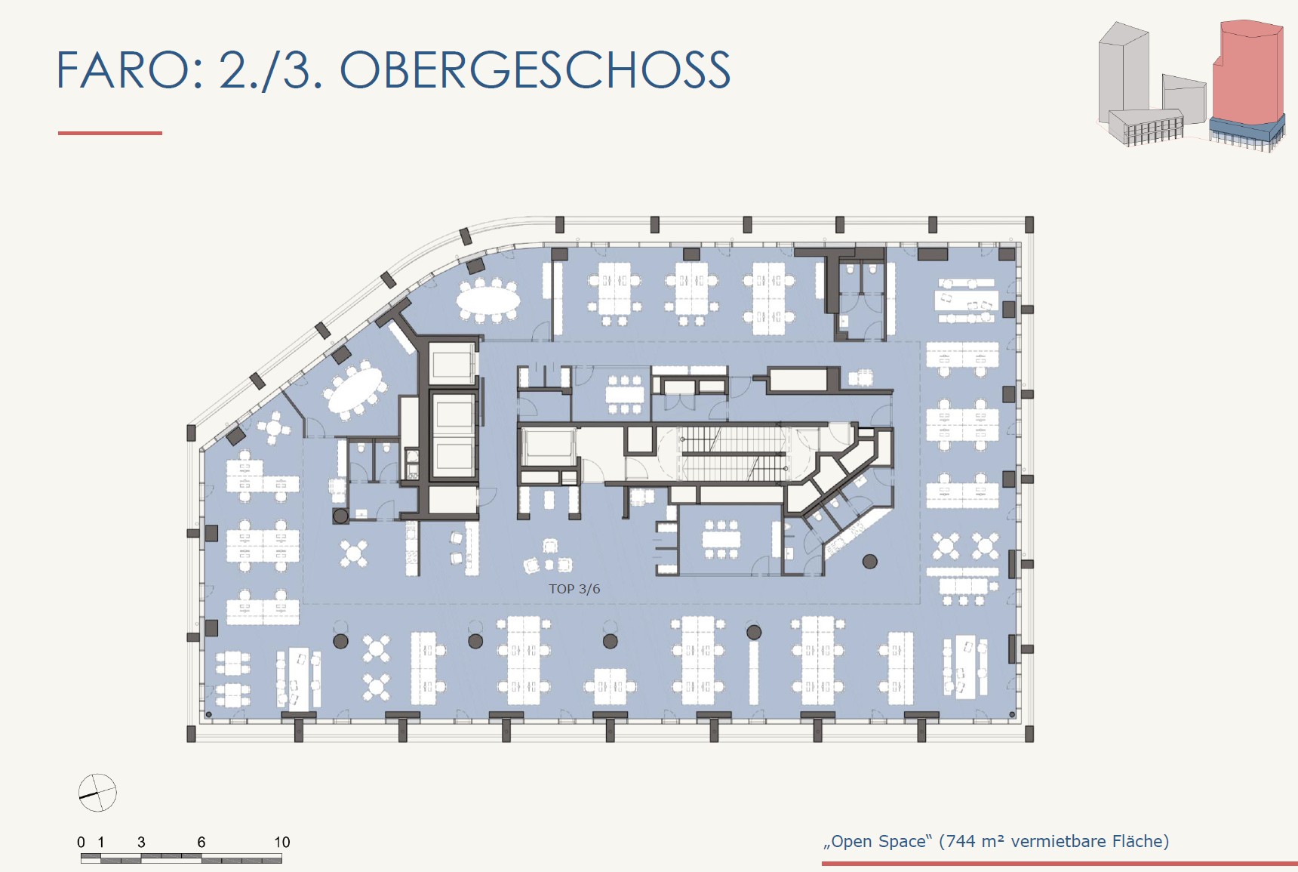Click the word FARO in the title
(125, 70)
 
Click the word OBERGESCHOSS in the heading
(535, 70)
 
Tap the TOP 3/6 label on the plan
(574, 589)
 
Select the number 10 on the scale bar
(281, 842)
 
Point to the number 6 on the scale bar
(201, 842)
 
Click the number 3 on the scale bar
(141, 842)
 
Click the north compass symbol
(97, 793)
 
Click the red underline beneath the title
(110, 133)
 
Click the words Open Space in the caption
(878, 842)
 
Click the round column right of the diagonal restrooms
(870, 561)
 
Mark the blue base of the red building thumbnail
(1247, 130)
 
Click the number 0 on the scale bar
(82, 842)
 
